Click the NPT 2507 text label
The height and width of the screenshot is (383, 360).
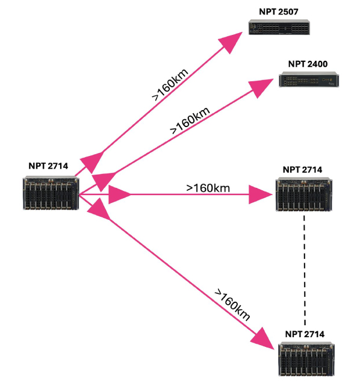coord(278,11)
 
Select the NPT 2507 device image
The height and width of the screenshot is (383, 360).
coord(279,27)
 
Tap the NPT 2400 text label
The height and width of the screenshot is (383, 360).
coord(308,64)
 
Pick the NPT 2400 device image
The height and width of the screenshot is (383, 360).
coord(309,79)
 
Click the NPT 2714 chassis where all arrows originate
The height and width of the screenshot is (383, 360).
coord(51,193)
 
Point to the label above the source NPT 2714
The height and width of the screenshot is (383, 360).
coord(48,166)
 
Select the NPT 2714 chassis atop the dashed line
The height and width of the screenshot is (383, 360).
coord(304,195)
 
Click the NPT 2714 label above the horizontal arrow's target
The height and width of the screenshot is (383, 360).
coord(302,170)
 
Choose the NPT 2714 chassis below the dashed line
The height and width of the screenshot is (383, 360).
coord(306,359)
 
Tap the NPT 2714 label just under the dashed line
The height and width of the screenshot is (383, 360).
coord(305,334)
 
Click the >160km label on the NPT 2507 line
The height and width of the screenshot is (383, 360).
coord(170,84)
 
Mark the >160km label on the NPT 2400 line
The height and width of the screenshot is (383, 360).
coord(190,120)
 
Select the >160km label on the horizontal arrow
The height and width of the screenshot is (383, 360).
coord(208,188)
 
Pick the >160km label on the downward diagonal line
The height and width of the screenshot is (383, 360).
coord(232,305)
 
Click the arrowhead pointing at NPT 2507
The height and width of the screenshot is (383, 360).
coord(230,42)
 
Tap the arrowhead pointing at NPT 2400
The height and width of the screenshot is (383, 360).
coord(260,87)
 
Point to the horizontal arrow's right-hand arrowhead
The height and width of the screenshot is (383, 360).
coord(260,195)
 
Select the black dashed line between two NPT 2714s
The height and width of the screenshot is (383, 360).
coord(305,270)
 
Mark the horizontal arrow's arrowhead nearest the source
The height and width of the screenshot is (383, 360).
coord(119,195)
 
